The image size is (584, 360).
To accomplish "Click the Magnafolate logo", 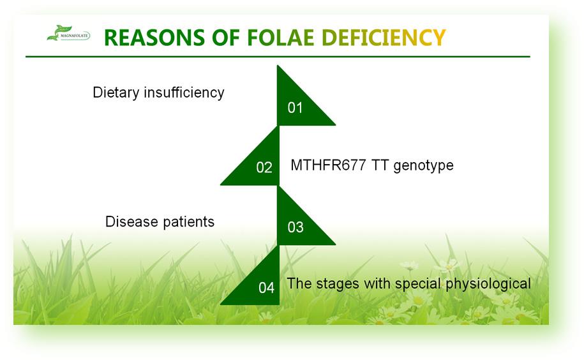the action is click(x=68, y=33).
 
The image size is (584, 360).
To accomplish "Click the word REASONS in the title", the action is click(x=154, y=38).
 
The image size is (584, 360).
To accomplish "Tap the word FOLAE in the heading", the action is click(x=280, y=38).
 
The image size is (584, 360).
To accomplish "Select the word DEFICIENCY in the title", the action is click(x=384, y=38).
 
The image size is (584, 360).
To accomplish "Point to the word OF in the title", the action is click(x=226, y=38).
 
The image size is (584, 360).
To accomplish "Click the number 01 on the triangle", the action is click(x=295, y=108).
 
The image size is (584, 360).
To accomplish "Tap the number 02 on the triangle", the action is click(x=264, y=167).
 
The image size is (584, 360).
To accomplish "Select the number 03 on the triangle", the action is click(x=296, y=227).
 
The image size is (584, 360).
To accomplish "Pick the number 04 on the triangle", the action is click(x=266, y=288).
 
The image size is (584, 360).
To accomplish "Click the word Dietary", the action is click(x=116, y=93).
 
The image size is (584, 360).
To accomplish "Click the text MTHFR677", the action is click(x=328, y=165).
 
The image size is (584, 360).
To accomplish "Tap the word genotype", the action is click(x=423, y=166).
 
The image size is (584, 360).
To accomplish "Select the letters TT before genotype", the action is click(x=380, y=165).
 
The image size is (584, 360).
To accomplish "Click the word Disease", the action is click(x=131, y=221).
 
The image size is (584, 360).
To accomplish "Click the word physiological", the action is click(x=488, y=284).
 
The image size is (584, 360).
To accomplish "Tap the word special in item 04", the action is click(x=418, y=284).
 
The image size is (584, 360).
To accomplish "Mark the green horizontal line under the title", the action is click(x=278, y=57).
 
